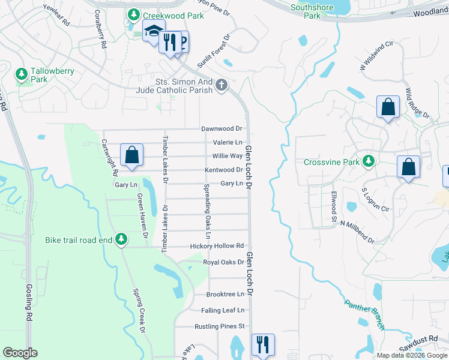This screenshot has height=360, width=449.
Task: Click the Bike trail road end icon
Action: pos(121,239)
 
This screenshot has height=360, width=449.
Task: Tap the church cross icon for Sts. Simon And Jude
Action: pos(221,85)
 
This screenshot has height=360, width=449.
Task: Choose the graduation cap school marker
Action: pos(153,30)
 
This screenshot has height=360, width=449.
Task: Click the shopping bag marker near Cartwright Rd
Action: pos(131,155)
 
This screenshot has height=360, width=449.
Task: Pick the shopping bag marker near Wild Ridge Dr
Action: pos(388,107)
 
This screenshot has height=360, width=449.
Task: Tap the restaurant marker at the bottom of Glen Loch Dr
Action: pos(262,344)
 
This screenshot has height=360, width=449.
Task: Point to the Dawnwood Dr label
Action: pos(221,128)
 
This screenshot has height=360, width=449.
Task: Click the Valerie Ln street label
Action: pos(228,142)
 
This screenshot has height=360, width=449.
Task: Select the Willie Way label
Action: pos(227,156)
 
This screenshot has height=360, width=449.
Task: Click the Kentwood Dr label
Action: pos(223,170)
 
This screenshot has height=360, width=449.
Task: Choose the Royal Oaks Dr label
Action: pos(223,262)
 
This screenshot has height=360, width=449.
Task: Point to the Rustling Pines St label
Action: pos(220,326)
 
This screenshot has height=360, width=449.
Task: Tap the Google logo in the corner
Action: pos(20,353)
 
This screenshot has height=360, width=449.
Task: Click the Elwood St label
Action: pos(333,208)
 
